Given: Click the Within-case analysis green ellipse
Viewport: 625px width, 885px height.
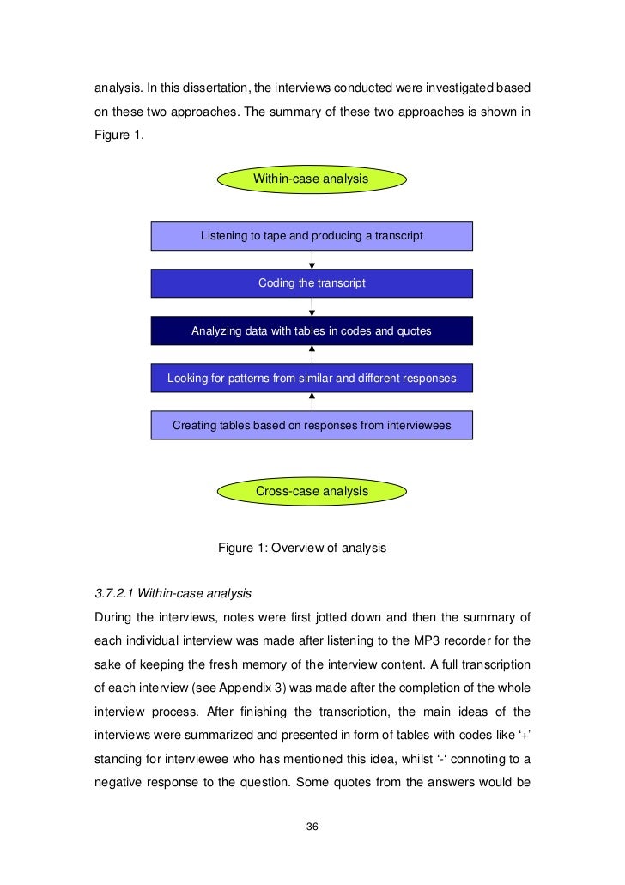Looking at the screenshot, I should [311, 179].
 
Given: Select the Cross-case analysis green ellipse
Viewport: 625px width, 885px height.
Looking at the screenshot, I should [312, 491].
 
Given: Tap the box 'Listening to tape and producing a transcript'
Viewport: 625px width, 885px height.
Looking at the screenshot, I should [312, 235].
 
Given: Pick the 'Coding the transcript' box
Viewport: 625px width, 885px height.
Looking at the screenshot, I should [312, 282].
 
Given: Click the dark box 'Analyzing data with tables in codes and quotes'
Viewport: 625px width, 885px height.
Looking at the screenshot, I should [312, 330].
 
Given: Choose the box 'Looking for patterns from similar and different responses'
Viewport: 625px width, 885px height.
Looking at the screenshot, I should [312, 378].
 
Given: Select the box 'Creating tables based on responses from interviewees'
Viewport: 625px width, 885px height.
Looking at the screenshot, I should [312, 425].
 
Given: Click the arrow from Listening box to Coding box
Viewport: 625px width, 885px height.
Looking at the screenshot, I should [312, 259].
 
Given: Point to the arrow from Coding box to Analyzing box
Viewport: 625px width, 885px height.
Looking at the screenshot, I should [312, 306].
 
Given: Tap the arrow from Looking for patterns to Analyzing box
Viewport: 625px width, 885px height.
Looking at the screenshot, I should [312, 355].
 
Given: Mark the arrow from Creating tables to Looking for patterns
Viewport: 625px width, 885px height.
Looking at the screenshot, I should [312, 402].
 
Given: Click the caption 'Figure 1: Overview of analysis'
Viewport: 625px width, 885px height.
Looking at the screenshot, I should [302, 548].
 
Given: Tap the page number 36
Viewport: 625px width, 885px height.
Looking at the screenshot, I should [312, 827].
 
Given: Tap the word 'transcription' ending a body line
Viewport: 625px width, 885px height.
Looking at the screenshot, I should [492, 664].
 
